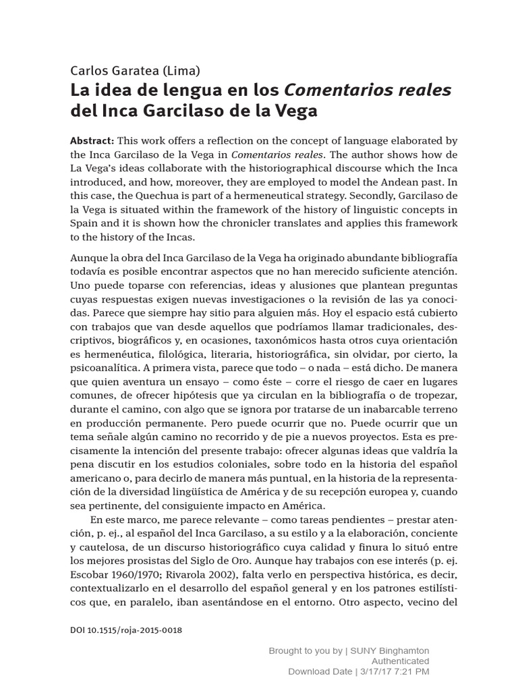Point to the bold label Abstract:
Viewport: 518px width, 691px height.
[92, 140]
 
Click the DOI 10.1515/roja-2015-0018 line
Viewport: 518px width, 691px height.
[126, 630]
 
